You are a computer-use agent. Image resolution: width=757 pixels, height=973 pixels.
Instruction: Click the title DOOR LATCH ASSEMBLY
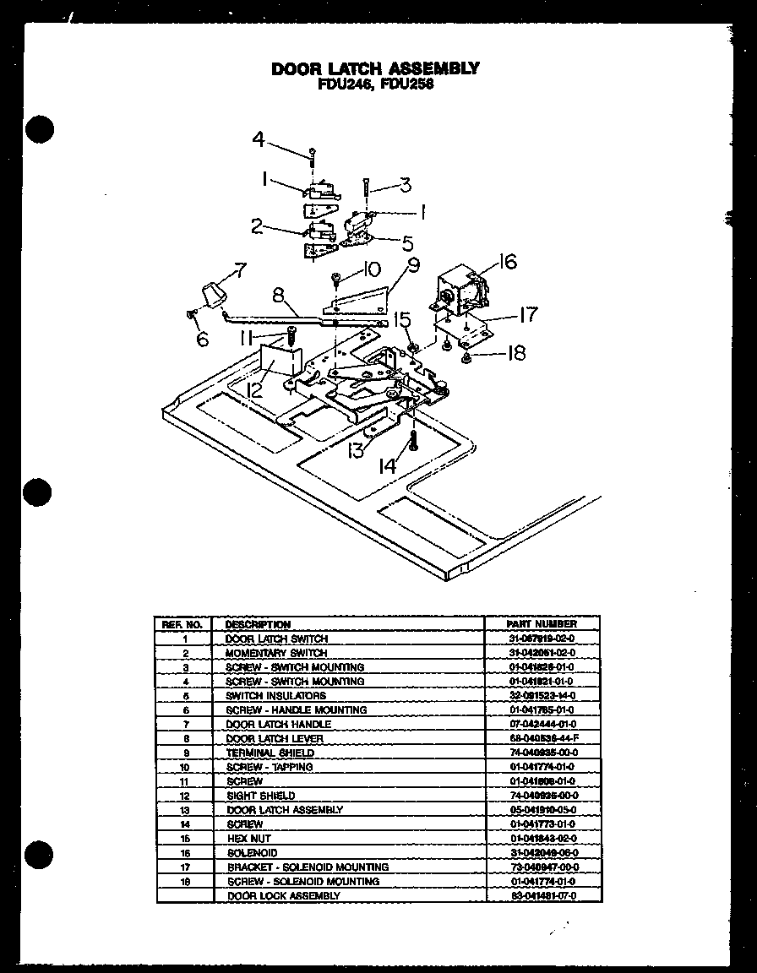click(375, 68)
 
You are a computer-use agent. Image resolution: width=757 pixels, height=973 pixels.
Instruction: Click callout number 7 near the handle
click(240, 270)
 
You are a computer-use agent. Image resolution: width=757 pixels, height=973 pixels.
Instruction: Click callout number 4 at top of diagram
click(259, 139)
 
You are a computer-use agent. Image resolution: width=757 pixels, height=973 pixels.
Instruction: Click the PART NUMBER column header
click(542, 623)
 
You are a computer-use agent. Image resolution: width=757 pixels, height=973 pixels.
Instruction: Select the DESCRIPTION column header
click(258, 624)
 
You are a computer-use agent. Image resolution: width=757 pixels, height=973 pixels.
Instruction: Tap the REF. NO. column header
click(182, 624)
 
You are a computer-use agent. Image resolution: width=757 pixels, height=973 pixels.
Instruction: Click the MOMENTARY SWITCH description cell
click(275, 653)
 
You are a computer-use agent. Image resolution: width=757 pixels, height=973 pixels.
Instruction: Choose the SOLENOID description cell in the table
click(251, 853)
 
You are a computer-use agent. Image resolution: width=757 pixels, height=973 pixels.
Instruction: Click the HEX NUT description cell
click(248, 839)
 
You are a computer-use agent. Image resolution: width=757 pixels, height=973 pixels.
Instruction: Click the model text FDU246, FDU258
click(375, 84)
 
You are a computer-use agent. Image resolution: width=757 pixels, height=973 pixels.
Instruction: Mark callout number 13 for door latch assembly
click(356, 450)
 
